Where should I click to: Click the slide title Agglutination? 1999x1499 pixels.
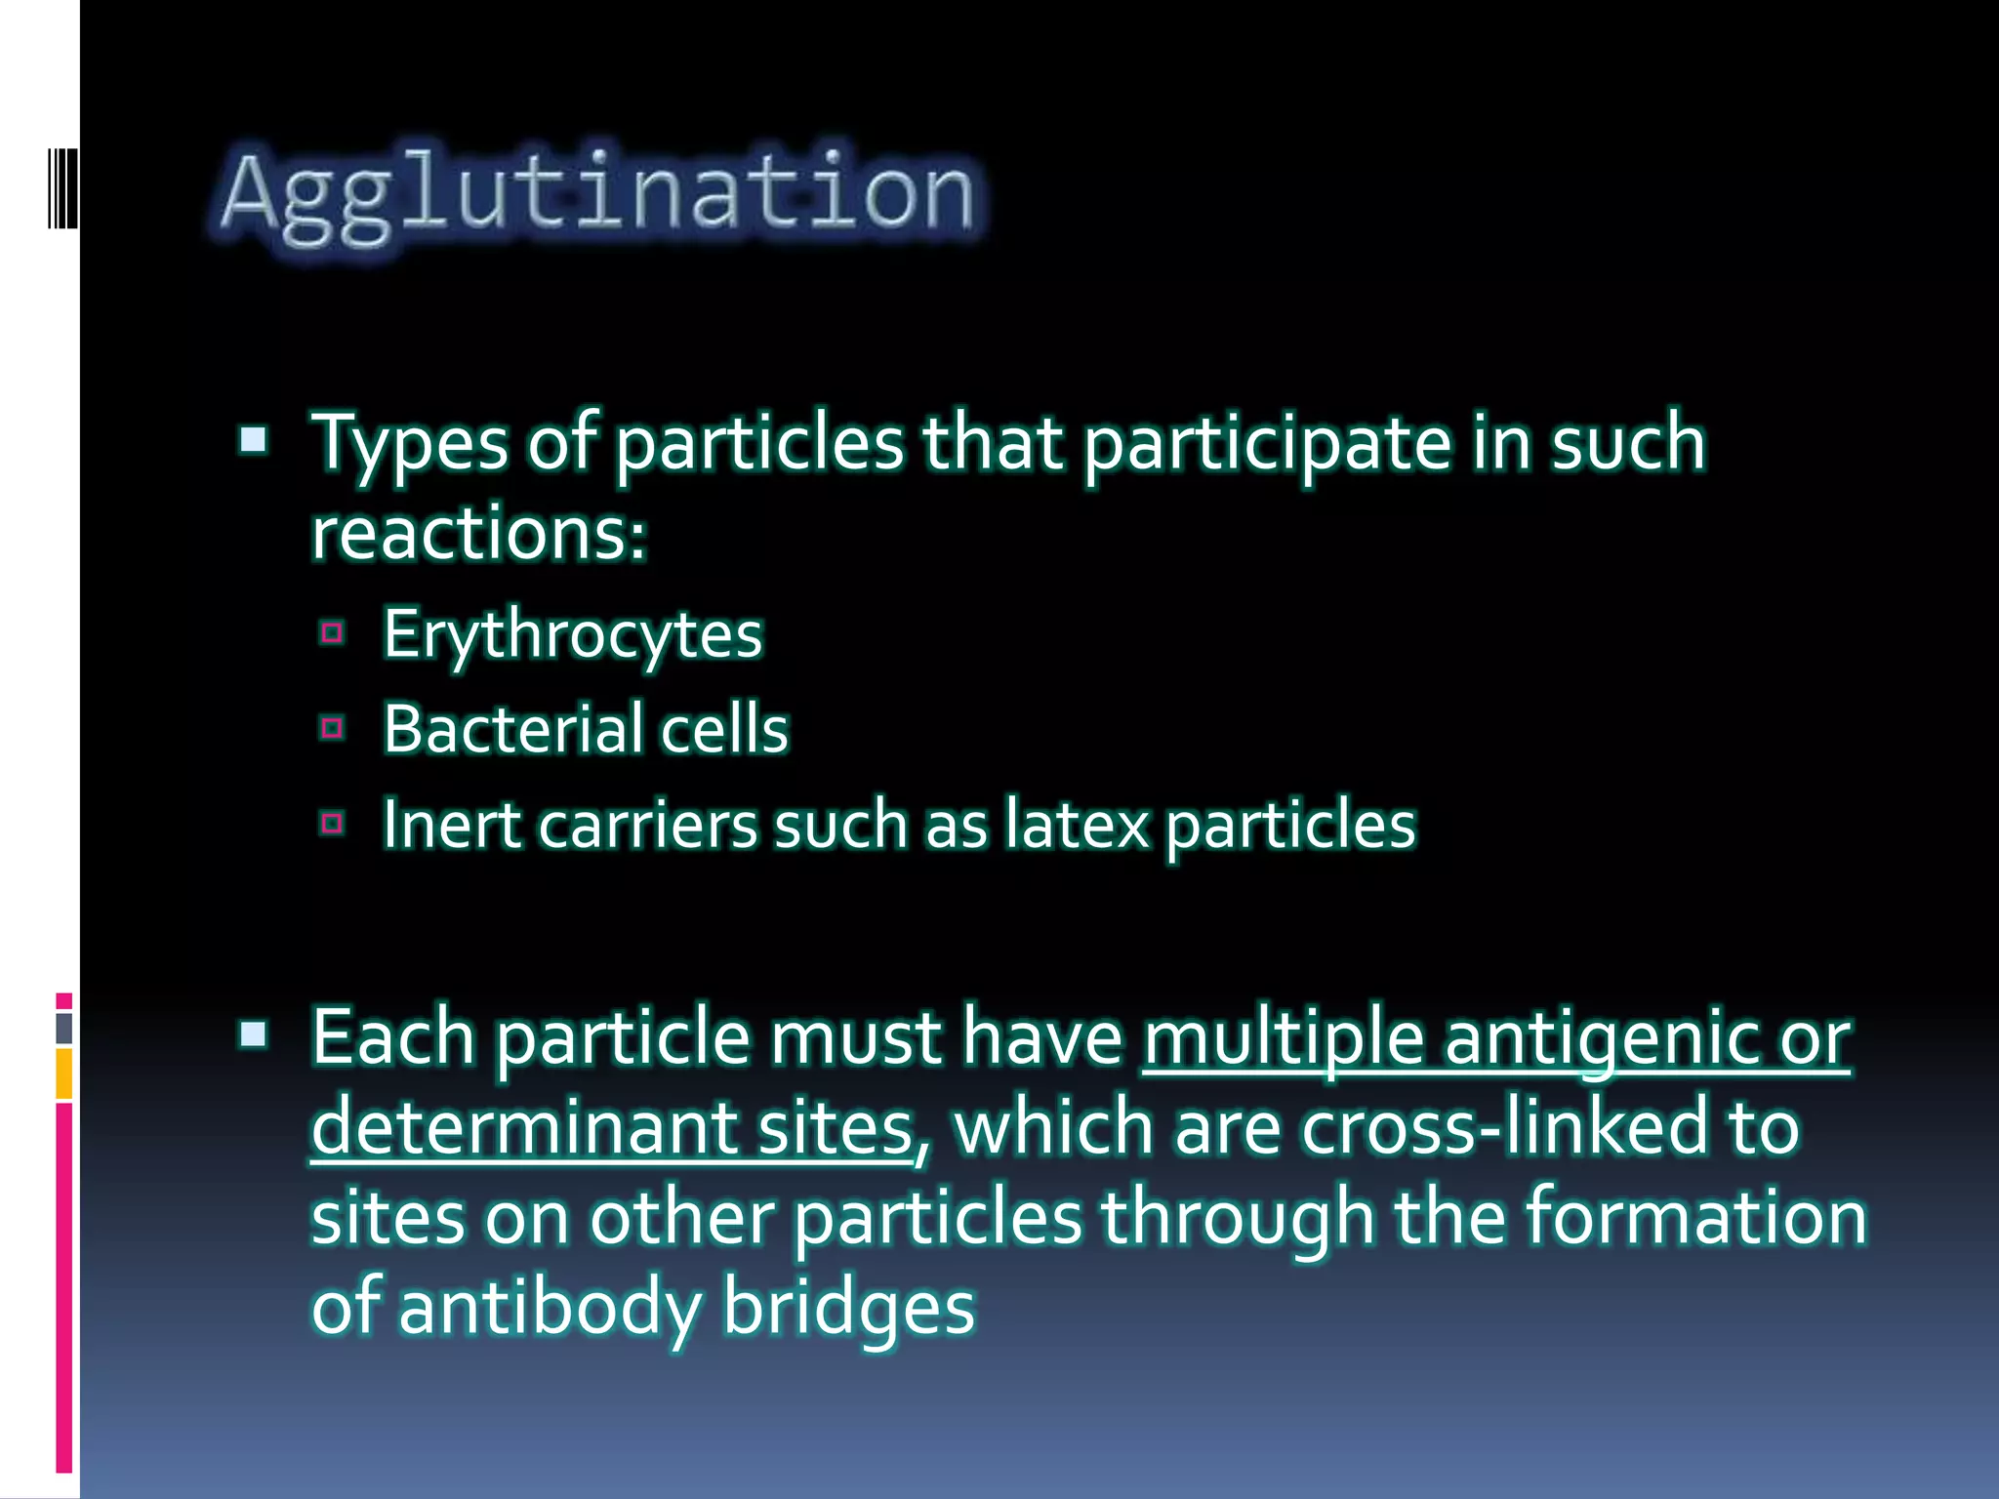tap(597, 194)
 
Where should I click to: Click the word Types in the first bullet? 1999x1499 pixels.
tap(409, 444)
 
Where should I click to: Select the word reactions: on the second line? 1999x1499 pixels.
tap(478, 534)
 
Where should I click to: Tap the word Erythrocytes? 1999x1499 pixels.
tap(572, 635)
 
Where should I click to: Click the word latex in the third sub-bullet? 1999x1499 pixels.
tap(1077, 825)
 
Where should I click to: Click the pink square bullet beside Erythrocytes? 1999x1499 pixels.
tap(332, 634)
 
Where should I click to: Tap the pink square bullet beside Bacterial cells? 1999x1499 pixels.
tap(332, 728)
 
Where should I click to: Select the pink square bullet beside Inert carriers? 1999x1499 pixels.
tap(332, 824)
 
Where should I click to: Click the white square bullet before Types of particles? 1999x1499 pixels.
tap(254, 441)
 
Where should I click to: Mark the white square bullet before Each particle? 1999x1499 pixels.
tap(254, 1034)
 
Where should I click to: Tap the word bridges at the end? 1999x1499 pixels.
tap(848, 1309)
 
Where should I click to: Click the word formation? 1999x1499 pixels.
tap(1695, 1218)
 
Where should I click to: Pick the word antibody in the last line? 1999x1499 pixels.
tap(550, 1309)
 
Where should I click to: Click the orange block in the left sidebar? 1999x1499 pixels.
tap(64, 1074)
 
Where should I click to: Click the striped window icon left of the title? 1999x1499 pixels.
tap(62, 188)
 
